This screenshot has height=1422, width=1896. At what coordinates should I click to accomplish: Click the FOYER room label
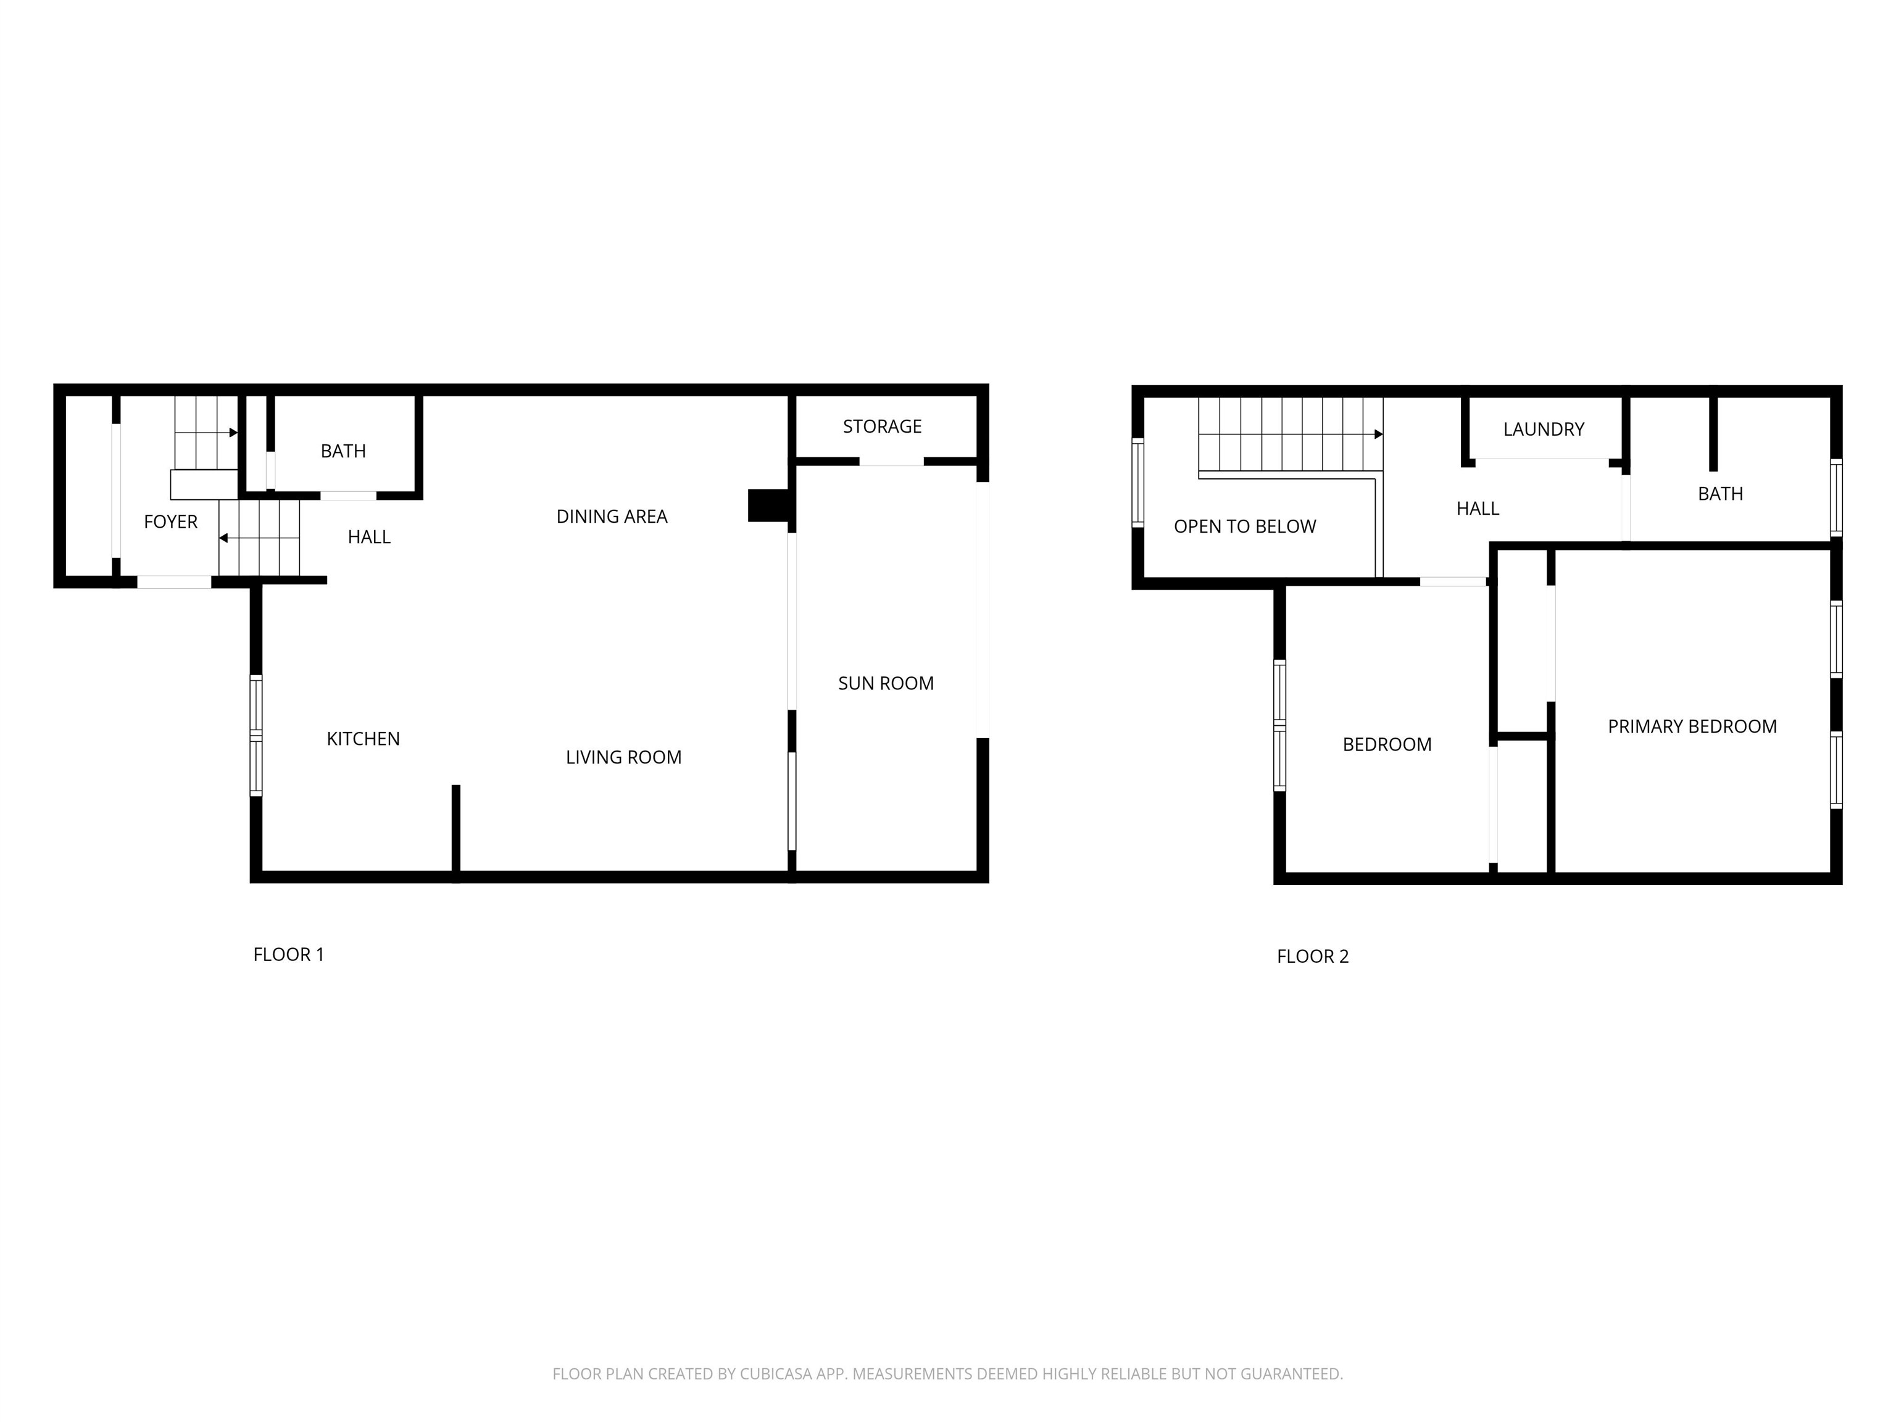coord(170,522)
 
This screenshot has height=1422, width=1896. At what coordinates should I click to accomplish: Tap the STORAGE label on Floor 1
coord(882,427)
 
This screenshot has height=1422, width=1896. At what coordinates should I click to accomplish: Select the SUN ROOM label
coord(886,684)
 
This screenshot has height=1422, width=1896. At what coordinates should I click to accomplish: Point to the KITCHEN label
coord(362,739)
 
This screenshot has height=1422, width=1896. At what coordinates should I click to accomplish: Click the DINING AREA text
coord(611,517)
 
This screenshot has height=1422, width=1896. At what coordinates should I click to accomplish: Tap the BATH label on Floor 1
coord(343,452)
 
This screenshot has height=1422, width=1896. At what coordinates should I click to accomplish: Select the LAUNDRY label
coord(1543,430)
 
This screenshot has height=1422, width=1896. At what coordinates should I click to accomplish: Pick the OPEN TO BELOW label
coord(1245,527)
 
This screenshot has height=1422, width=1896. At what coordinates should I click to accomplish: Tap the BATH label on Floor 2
coord(1720,494)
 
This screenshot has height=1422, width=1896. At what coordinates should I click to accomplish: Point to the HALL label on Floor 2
coord(1478,509)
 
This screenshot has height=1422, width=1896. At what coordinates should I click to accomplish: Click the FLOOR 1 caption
coord(288,955)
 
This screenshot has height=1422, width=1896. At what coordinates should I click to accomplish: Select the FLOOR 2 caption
coord(1312,957)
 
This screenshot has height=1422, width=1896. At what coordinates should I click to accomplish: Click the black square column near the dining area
coord(768,505)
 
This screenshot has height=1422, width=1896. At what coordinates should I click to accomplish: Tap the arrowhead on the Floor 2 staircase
coord(1378,434)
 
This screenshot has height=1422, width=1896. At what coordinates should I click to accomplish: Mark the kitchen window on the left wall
coord(256,736)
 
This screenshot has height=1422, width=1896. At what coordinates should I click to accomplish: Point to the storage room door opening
coord(891,462)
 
